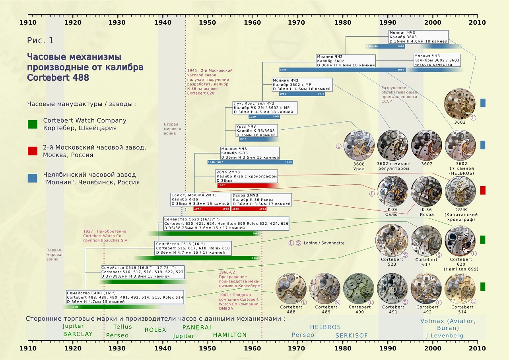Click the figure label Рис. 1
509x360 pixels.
(40, 41)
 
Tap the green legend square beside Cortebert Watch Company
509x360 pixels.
(33, 124)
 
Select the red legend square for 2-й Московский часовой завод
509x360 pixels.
(33, 151)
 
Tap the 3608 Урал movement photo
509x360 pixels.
(359, 145)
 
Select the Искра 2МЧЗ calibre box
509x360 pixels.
(261, 199)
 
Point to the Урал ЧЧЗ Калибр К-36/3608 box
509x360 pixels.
(256, 130)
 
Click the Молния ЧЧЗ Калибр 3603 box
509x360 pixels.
(418, 37)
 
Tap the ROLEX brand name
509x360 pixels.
(155, 330)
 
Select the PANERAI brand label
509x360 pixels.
(197, 327)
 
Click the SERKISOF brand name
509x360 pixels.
(352, 335)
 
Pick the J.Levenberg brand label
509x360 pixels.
(445, 335)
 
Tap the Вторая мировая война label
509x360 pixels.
(172, 129)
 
